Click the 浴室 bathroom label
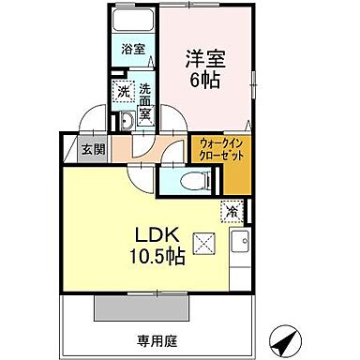tap(132, 49)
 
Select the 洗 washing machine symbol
tap(124, 91)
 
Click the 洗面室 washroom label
tap(145, 101)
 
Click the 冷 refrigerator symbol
tap(231, 212)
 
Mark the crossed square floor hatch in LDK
tap(203, 243)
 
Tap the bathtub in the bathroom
tap(132, 22)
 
